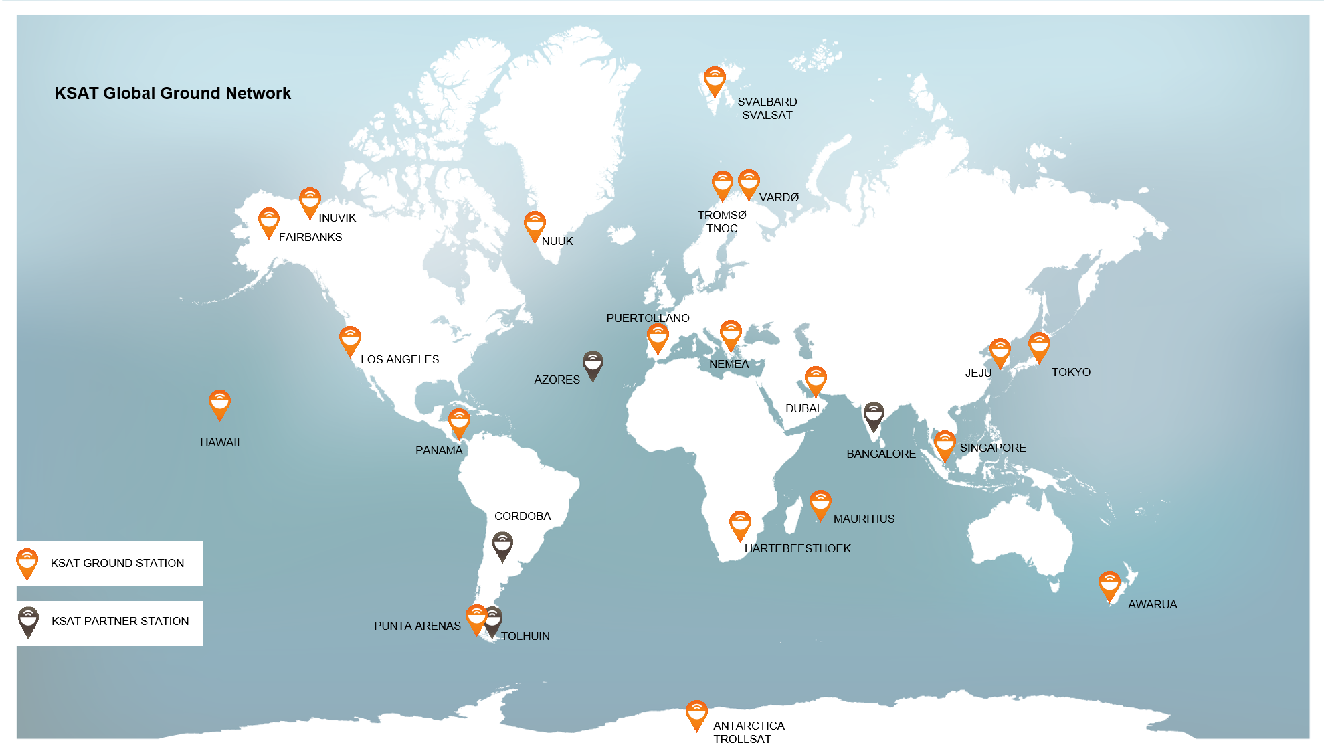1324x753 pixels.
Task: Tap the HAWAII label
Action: (219, 442)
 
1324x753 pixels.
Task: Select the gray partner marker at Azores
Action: (593, 365)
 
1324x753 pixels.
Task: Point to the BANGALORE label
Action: (880, 454)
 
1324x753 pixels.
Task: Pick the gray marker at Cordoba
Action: (502, 546)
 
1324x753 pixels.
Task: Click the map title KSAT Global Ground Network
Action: (173, 93)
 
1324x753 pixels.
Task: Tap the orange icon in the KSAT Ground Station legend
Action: (27, 563)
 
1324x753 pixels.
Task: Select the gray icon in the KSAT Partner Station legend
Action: (28, 621)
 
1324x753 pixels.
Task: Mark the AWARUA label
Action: (1152, 604)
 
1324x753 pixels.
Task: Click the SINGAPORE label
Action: (993, 448)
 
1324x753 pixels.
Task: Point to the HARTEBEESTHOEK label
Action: (797, 548)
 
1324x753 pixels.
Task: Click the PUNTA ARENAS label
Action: (417, 626)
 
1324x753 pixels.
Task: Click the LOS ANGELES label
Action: (399, 359)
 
